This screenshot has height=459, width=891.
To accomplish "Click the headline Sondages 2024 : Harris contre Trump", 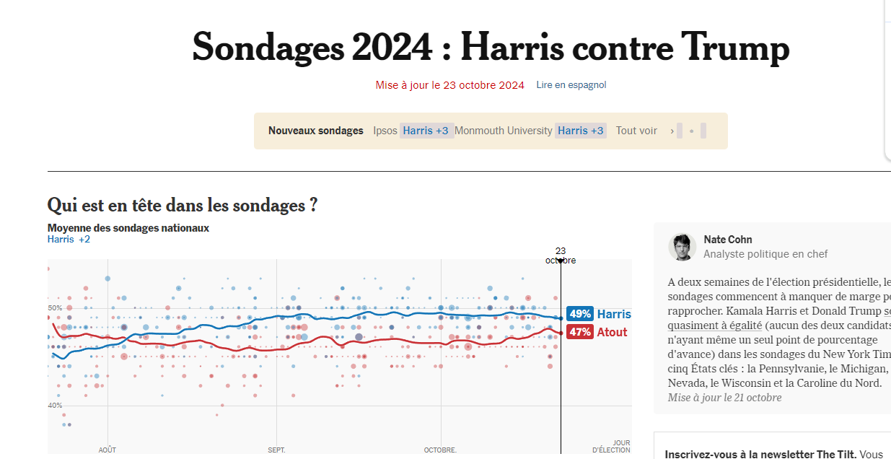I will coord(491,48).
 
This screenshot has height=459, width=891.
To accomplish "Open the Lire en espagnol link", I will coord(571,85).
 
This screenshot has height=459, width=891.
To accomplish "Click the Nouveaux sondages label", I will coord(316,131).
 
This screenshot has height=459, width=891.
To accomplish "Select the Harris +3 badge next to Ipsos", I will coord(426,131).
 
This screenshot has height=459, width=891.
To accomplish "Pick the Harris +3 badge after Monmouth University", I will coord(581,131).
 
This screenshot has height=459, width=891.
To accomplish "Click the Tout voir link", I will coord(636,131).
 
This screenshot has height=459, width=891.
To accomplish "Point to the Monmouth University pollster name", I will coord(503,131).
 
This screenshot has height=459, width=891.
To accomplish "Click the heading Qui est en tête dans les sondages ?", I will coord(183,205).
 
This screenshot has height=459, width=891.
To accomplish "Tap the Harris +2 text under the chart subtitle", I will coord(69,239).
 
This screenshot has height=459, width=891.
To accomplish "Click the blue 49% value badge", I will coord(580,314).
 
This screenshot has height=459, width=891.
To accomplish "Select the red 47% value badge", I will coord(580,332).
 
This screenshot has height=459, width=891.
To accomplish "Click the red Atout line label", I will coord(613,332).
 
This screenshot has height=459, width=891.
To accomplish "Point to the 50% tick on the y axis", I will coord(55,308).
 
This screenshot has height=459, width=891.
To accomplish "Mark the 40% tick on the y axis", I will coord(55,406).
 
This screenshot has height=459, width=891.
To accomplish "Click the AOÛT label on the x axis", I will coord(107,450).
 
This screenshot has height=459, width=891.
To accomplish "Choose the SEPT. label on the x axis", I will coord(277,450).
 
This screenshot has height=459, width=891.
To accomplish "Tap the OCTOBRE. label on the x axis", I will coord(440,450).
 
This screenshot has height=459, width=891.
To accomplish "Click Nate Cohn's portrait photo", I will coord(682,247).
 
